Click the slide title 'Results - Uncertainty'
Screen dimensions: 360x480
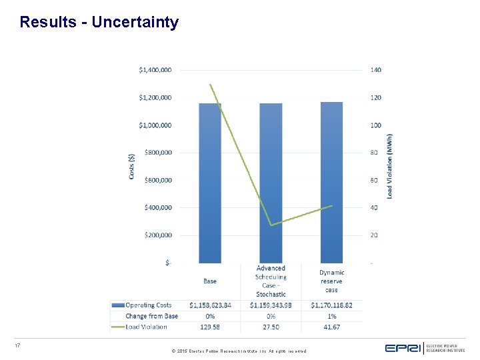[x=99, y=22]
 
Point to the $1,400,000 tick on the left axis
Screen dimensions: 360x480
[x=155, y=70]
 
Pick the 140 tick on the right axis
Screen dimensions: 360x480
[x=377, y=70]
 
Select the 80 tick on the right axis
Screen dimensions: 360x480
[x=375, y=153]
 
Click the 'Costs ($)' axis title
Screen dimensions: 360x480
[x=131, y=166]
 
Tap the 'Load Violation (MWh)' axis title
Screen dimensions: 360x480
[x=390, y=166]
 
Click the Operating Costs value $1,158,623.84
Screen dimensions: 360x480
[x=210, y=305]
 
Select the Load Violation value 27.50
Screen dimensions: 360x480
[x=271, y=327]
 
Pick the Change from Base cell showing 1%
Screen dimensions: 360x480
[x=331, y=316]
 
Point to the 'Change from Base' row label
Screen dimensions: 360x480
[x=151, y=316]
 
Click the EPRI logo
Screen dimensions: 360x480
[x=403, y=348]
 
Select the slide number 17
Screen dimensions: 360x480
[x=18, y=345]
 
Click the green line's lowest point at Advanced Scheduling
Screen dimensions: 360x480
[x=271, y=225]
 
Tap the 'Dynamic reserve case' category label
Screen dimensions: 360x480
[x=331, y=281]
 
